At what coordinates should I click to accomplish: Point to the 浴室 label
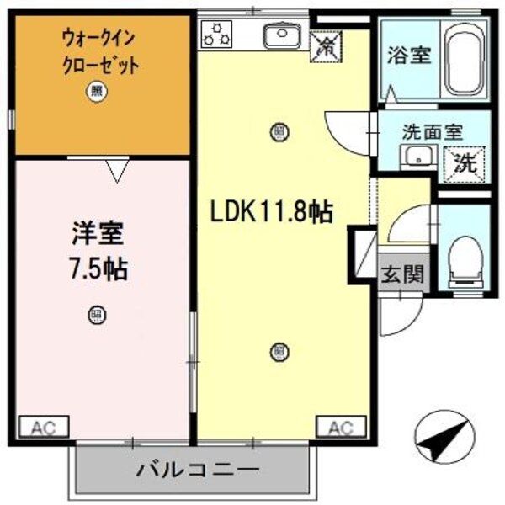pos(410,56)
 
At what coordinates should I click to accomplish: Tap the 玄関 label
pos(401,274)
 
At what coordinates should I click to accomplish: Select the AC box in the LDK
pos(340,426)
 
